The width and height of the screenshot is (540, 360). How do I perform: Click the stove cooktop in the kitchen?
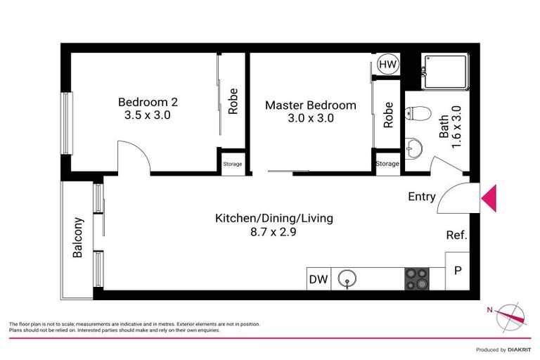pos(416,279)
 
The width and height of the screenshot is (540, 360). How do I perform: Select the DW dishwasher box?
pos(319,279)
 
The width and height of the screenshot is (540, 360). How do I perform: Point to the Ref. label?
pos(456,236)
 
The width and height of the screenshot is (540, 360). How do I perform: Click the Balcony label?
pos(78,238)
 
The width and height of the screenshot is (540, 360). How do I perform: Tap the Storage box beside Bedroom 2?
pos(232,164)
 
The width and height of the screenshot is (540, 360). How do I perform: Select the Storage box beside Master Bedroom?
pos(387,164)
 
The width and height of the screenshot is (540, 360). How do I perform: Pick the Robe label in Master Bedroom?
pos(388,114)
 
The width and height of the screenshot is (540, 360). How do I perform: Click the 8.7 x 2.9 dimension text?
pos(274,232)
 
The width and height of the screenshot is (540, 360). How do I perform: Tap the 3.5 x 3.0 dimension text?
pos(148,115)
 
